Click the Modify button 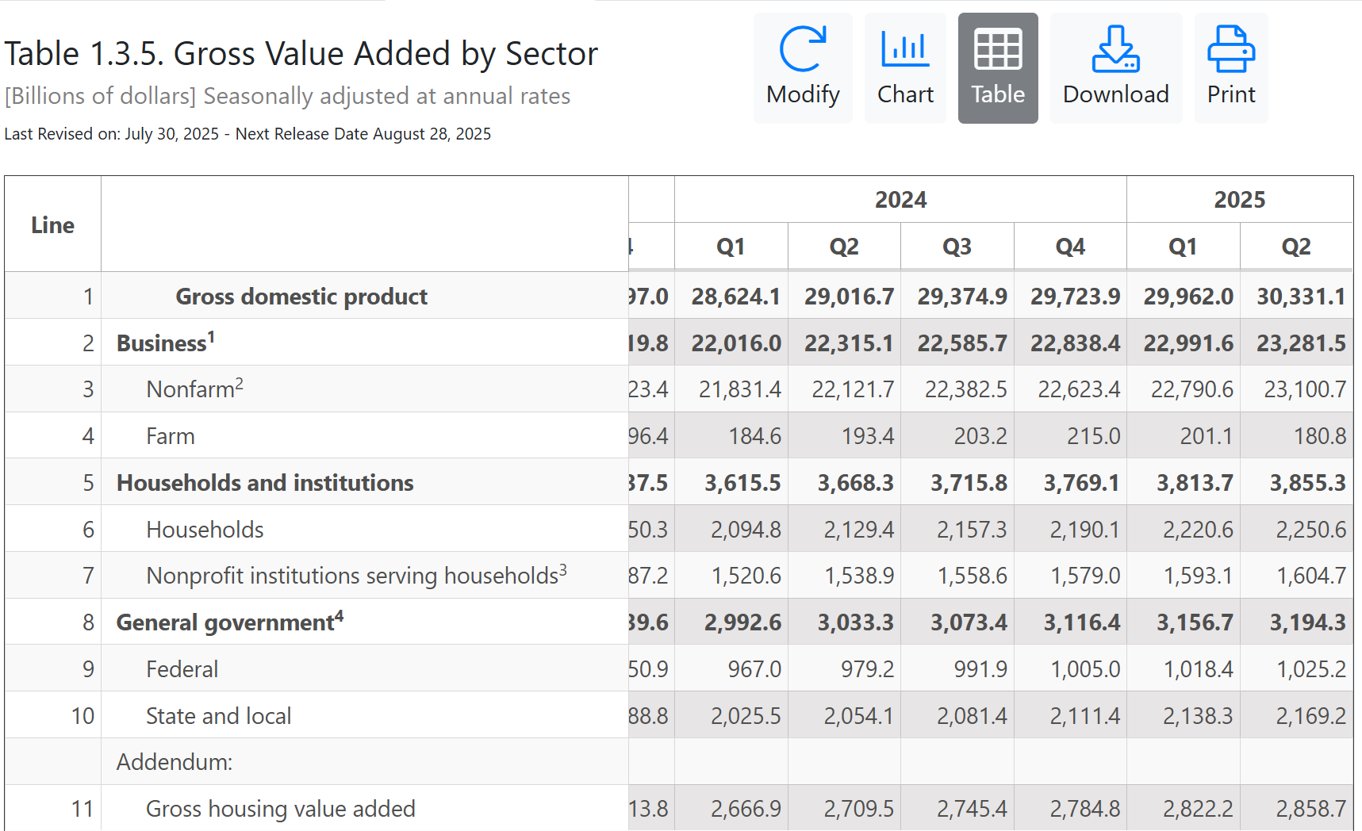(x=803, y=68)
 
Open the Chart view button (x=905, y=68)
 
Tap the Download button (x=1115, y=68)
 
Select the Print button (x=1230, y=68)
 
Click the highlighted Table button (x=997, y=68)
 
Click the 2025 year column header (x=1239, y=200)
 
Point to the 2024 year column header (x=900, y=200)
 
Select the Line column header (x=52, y=225)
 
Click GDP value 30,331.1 (x=1301, y=297)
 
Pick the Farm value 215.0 (x=1093, y=436)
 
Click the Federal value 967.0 (x=754, y=669)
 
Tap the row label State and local (x=218, y=716)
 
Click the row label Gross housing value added (x=280, y=809)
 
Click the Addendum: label (x=175, y=762)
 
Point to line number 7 (x=88, y=576)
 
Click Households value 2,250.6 (x=1310, y=530)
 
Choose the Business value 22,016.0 (x=736, y=343)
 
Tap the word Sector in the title (x=551, y=54)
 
